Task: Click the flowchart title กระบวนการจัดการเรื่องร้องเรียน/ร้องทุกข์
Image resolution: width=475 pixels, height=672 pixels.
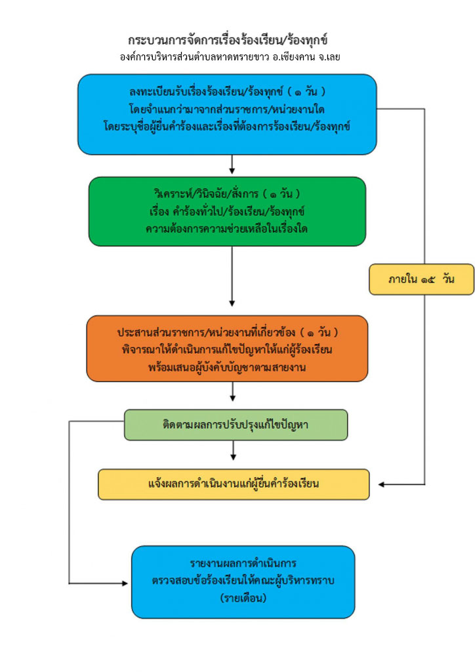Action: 228,40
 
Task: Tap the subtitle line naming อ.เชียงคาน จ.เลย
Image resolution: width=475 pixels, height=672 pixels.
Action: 230,57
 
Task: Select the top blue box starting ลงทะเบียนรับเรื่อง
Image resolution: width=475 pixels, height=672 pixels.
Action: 227,114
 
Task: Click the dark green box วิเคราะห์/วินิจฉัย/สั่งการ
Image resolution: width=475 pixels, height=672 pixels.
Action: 227,211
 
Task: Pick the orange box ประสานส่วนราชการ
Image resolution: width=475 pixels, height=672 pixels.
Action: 227,348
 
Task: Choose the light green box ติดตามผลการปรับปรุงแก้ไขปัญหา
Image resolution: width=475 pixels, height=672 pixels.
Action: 236,425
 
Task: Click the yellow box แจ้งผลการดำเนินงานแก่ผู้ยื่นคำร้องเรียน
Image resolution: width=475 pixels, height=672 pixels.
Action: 234,484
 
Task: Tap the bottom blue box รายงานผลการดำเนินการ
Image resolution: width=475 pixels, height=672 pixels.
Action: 243,581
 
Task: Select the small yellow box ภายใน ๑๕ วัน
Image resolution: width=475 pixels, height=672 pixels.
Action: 421,280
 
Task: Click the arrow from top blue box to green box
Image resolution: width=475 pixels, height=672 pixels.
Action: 232,165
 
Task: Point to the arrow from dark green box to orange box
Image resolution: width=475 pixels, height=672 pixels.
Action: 232,276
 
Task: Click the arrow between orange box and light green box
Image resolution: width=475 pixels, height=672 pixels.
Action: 232,391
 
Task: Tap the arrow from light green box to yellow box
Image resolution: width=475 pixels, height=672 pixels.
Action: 233,450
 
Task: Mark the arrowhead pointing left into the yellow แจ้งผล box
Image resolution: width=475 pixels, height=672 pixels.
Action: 381,484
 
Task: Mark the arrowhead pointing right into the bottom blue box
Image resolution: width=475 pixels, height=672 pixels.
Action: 125,583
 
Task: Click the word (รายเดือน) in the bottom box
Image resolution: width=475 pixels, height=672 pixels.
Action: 243,598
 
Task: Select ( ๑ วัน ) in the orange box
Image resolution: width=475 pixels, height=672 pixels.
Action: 319,332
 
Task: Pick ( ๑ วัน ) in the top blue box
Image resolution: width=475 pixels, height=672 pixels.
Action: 306,91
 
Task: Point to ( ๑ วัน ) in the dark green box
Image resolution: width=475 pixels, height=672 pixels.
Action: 281,194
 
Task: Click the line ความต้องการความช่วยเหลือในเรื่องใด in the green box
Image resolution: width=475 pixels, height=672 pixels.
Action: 226,228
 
